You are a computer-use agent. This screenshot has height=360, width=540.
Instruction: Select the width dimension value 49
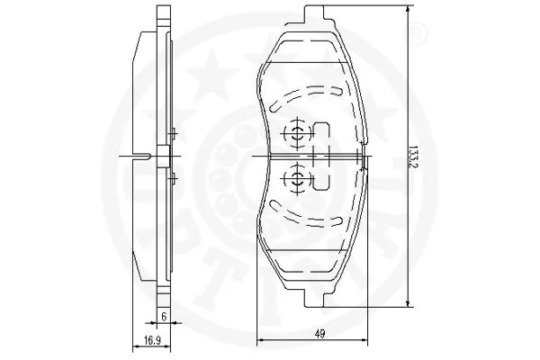click(319, 335)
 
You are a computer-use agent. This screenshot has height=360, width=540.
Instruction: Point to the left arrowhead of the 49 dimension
click(262, 341)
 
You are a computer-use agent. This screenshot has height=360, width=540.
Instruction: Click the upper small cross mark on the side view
click(172, 135)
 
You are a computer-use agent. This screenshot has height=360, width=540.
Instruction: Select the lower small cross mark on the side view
click(172, 180)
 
